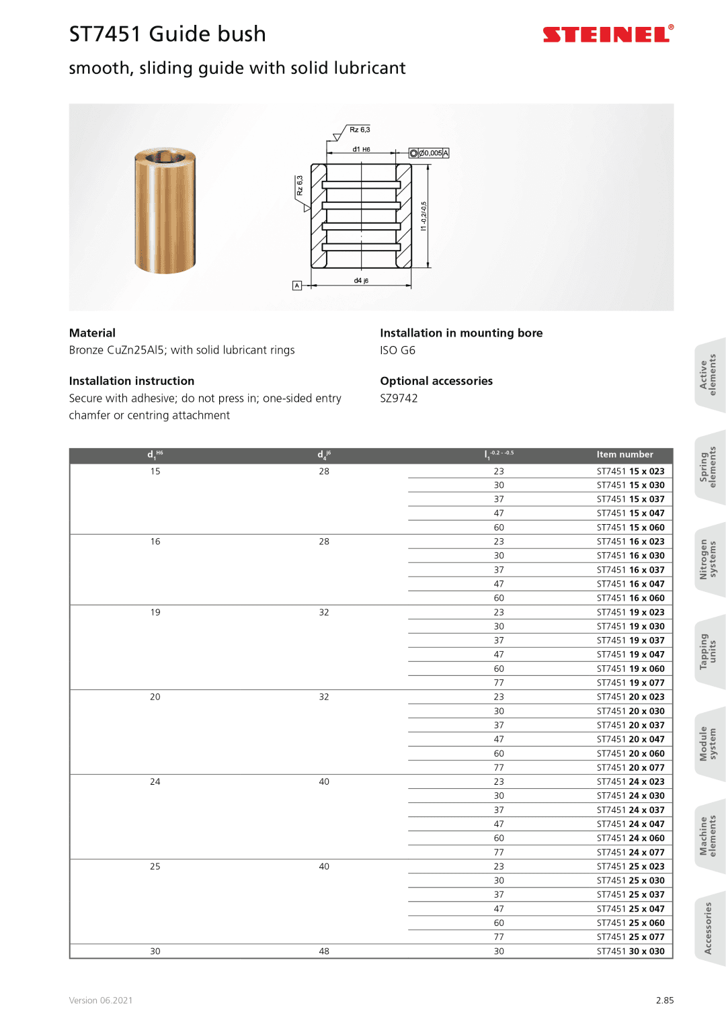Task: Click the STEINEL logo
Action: click(x=607, y=34)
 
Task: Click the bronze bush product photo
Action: click(x=165, y=210)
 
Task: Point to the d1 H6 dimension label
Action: click(x=361, y=149)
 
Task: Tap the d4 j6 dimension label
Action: click(x=361, y=281)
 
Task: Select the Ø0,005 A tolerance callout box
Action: click(x=429, y=153)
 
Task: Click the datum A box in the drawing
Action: click(x=297, y=286)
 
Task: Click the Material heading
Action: click(x=92, y=333)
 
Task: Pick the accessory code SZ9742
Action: click(x=399, y=398)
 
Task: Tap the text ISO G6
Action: click(x=397, y=351)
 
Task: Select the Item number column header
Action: click(x=624, y=455)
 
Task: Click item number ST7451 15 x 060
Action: click(x=631, y=527)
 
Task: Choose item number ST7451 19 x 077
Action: click(x=631, y=683)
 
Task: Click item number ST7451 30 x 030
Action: click(x=631, y=951)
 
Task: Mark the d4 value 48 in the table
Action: click(x=324, y=951)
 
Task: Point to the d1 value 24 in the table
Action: click(x=155, y=782)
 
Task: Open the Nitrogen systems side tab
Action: click(x=708, y=559)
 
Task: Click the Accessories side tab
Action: click(x=708, y=928)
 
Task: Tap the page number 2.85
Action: click(x=664, y=1000)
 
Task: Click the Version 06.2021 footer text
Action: click(x=101, y=1000)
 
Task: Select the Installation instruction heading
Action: click(x=132, y=381)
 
